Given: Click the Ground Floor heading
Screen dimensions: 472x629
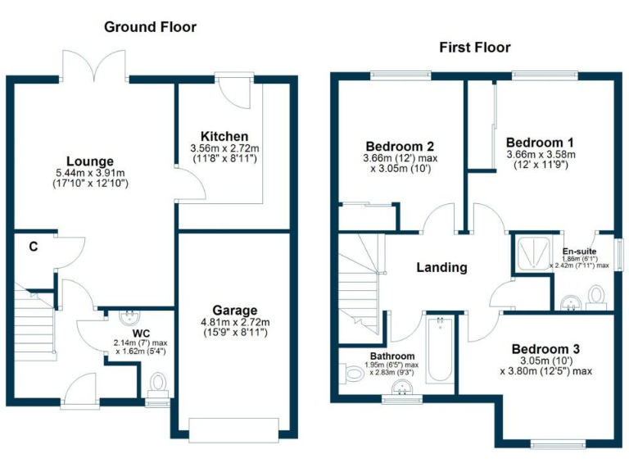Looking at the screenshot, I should pos(150,27).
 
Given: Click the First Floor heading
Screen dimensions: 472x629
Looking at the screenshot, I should pos(474,47).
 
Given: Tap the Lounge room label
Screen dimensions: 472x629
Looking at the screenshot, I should pos(91,161).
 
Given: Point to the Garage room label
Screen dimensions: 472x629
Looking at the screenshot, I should pos(235,311).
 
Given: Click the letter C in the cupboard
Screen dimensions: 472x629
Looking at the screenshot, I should pos(33,246).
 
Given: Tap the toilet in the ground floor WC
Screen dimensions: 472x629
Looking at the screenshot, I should pos(158,383).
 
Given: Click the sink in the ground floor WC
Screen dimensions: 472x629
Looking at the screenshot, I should pos(129,316).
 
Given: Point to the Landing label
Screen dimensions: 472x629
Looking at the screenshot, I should pos(441,267).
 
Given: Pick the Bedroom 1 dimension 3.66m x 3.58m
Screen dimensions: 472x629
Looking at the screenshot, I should pos(541,154).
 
